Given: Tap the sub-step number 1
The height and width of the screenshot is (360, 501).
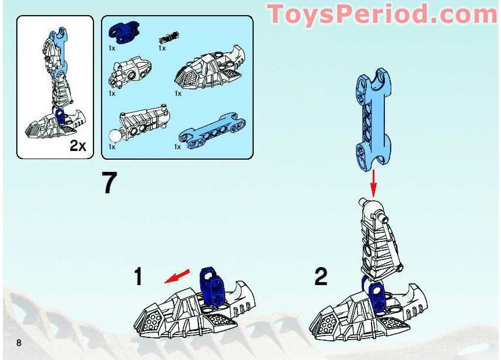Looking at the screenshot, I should coord(138,276).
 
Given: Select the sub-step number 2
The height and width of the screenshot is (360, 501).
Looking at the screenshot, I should coord(320,276).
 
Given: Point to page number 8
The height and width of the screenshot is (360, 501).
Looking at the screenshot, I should coord(19,343).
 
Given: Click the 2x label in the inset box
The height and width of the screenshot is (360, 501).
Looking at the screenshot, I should coord(78,146).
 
